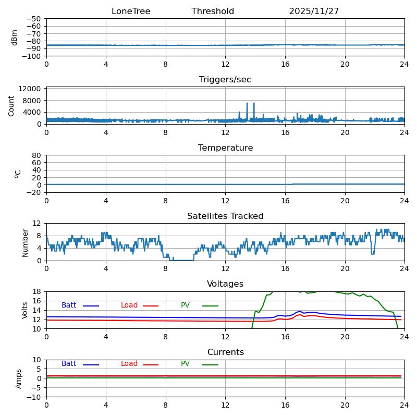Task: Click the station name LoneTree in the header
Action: pos(131,11)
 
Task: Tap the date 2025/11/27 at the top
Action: pos(314,11)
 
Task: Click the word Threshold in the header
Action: pos(213,11)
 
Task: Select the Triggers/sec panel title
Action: pos(225,80)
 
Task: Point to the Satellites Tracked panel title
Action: pos(225,216)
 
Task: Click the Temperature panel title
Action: pos(225,148)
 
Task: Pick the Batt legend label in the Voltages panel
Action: pos(69,305)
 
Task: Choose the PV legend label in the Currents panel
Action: pos(186,364)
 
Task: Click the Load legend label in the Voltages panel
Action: pos(129,305)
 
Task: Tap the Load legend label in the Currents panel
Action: pos(129,364)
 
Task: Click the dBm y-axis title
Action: pos(15,38)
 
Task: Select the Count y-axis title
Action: pos(11,105)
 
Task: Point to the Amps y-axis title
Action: pos(19,378)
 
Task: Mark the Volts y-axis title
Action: pos(25,310)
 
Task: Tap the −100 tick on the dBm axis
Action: pos(32,56)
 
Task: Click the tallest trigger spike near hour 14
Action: pos(254,103)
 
